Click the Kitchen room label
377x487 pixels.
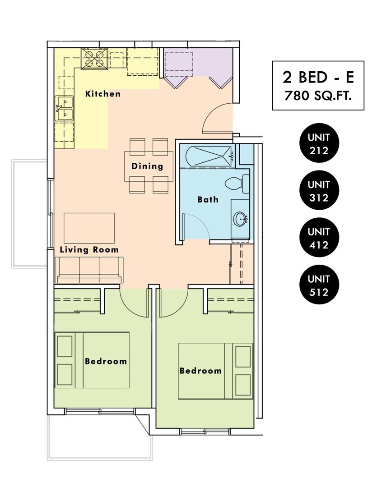(x=102, y=93)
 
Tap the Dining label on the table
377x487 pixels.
(x=147, y=166)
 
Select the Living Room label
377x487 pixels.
(x=89, y=250)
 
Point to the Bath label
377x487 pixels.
(x=208, y=199)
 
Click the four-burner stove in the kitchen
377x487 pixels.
(x=94, y=59)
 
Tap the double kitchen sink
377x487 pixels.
(x=65, y=108)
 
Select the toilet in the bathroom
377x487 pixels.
(x=237, y=184)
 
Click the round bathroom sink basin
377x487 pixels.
(x=240, y=219)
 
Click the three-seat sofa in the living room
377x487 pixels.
(x=89, y=270)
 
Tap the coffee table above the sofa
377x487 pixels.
(x=89, y=228)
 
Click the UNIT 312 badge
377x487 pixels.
(x=319, y=190)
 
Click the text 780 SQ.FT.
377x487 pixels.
(x=318, y=96)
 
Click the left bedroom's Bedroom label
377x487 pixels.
(x=106, y=361)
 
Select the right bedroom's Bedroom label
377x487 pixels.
(x=200, y=371)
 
